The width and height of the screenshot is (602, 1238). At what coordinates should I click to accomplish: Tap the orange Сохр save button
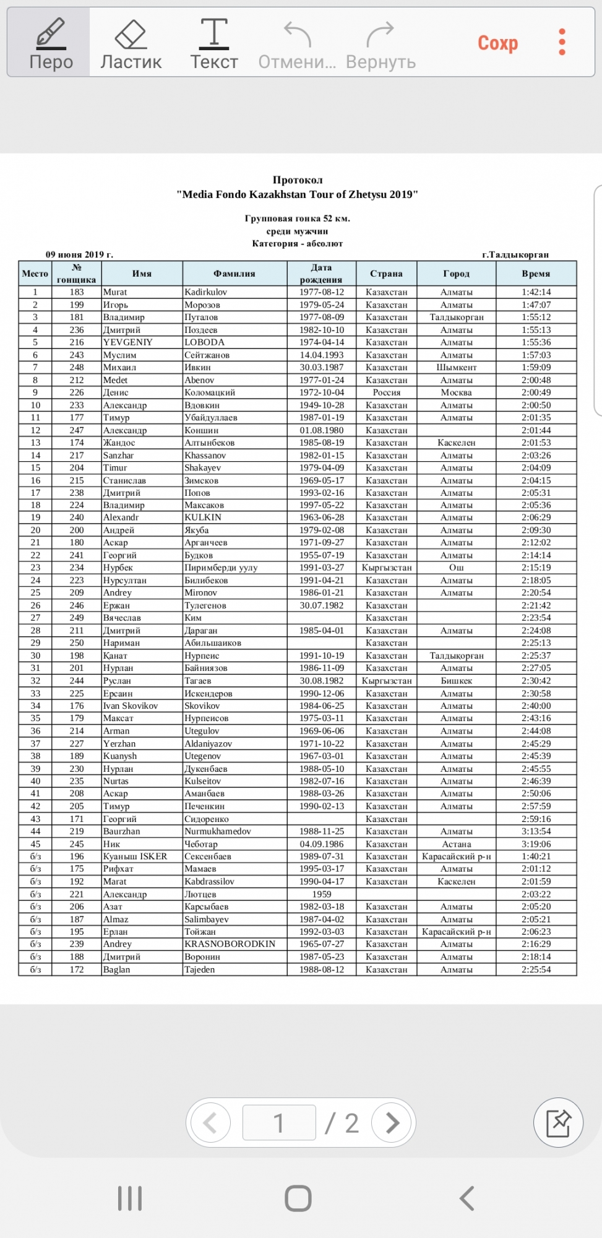coord(497,43)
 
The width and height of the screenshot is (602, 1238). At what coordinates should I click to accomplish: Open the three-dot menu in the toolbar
coord(562,42)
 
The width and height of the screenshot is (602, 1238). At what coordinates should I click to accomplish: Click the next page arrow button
coord(392,1122)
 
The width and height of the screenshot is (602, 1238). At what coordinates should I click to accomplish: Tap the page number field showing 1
coord(279,1122)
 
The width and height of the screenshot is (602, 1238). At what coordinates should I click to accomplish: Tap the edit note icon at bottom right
coord(558,1122)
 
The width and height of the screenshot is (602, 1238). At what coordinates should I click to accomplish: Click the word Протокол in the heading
coord(298,180)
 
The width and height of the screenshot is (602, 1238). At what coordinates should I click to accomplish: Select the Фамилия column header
coord(234,274)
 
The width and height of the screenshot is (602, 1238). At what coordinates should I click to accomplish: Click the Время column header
coord(536,274)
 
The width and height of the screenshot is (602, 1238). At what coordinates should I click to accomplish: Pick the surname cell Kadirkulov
coord(206,292)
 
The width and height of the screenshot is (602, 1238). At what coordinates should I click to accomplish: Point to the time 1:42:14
coord(536,292)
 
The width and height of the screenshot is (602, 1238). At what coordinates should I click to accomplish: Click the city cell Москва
coord(457,392)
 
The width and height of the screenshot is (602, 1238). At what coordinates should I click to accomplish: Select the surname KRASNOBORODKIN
coord(230,944)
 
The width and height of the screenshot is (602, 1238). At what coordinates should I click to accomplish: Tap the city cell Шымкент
coord(457,367)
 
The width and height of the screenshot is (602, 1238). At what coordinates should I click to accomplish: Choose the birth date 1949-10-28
coord(322,405)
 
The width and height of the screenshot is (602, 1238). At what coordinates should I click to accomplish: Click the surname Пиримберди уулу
coord(221,568)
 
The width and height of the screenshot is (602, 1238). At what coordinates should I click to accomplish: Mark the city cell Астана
coord(457,844)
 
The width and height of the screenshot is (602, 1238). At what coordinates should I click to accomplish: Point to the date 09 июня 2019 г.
coord(79,254)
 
